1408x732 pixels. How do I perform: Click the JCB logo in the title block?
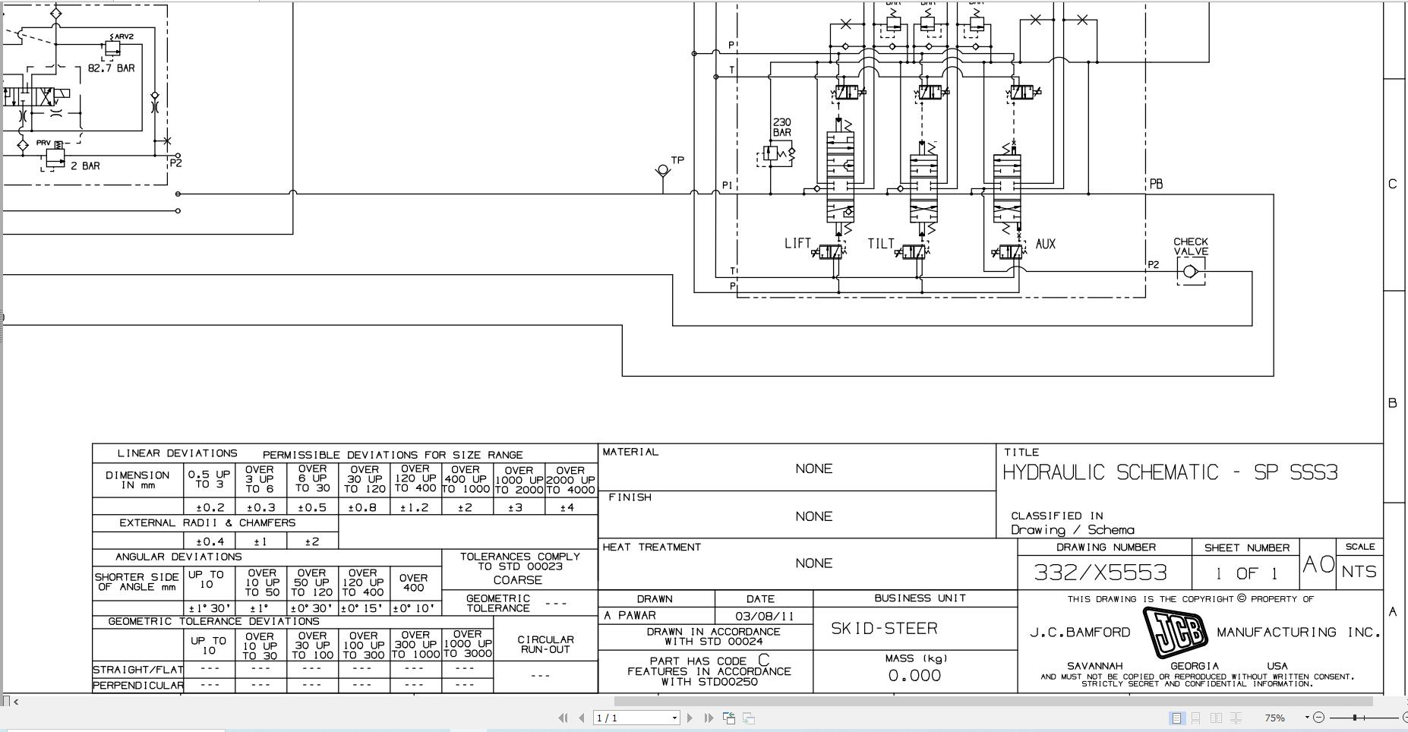click(x=1175, y=633)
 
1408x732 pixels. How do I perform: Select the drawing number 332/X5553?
click(x=1100, y=573)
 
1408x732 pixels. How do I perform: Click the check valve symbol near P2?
click(x=1190, y=271)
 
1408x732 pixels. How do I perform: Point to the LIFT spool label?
click(x=797, y=244)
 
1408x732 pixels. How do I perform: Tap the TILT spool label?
click(x=881, y=244)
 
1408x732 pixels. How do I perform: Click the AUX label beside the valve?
click(x=1046, y=245)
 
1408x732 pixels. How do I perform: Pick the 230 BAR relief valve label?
click(x=781, y=127)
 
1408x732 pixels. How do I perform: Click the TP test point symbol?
click(x=663, y=171)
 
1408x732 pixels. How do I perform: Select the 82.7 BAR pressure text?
click(x=111, y=68)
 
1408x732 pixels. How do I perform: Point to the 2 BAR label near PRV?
click(x=85, y=166)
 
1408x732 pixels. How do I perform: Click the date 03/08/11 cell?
click(x=765, y=617)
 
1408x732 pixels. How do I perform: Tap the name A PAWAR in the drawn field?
click(x=630, y=616)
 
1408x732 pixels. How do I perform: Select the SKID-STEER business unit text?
click(x=884, y=629)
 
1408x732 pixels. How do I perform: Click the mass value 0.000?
click(x=914, y=676)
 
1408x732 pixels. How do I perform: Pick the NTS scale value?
click(x=1359, y=572)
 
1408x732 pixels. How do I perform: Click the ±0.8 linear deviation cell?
click(x=364, y=507)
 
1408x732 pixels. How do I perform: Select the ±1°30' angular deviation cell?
click(x=209, y=608)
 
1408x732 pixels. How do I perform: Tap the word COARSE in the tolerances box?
click(x=517, y=580)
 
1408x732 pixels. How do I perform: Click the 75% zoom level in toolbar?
click(x=1274, y=718)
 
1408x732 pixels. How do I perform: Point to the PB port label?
click(x=1156, y=185)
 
